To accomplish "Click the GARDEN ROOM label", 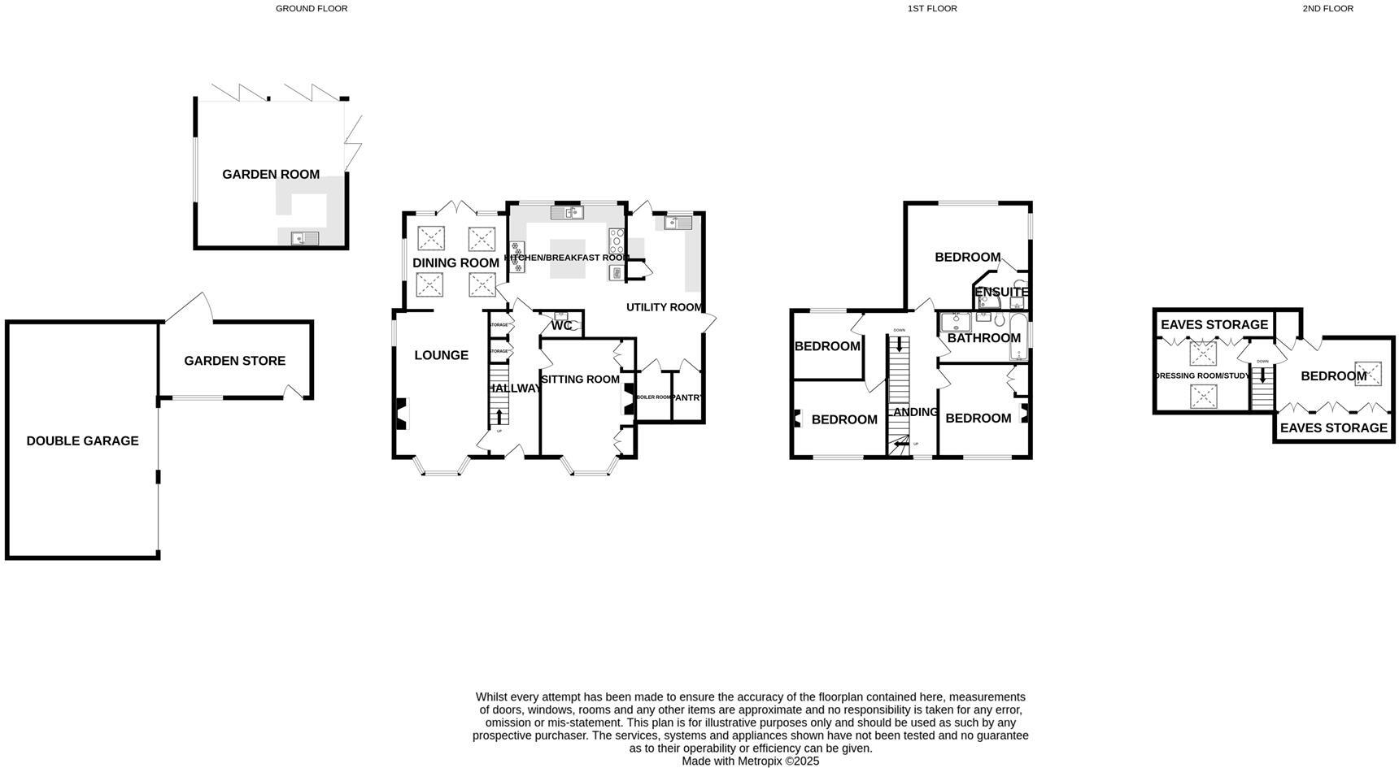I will [271, 174].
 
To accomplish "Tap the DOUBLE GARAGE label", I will [82, 440].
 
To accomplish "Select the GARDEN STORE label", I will [234, 361].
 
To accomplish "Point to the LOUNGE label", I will [441, 355].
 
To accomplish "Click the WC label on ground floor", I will [561, 326].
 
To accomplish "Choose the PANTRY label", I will [687, 397].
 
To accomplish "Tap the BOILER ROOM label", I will [654, 397].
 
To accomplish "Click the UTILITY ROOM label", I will [664, 307].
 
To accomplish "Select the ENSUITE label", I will [1001, 293].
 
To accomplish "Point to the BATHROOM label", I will [983, 338].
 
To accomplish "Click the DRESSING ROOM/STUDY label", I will [1202, 376].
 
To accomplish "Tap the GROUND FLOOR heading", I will [312, 9].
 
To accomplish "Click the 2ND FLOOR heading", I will [1327, 9].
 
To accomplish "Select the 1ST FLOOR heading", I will [932, 9].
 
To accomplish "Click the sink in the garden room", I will [306, 238].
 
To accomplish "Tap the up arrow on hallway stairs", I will [499, 416].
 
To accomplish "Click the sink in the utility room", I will [677, 221].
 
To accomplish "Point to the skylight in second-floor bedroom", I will [1367, 373].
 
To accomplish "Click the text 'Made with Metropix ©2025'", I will [750, 761].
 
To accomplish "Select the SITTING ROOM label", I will [580, 380].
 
